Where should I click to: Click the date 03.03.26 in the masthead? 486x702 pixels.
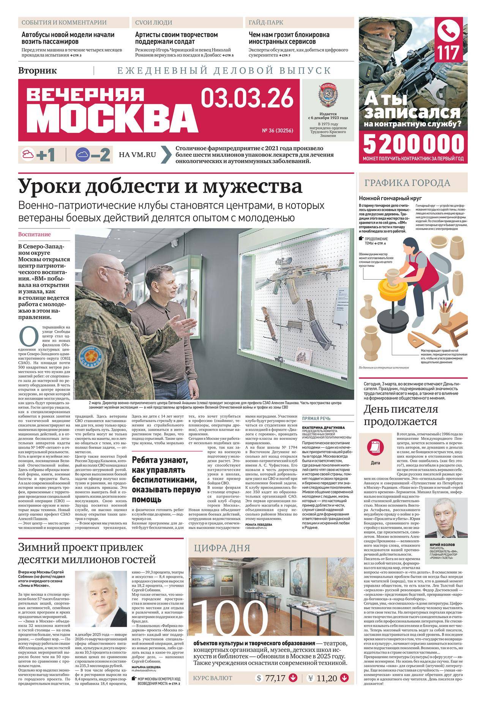pos(248,98)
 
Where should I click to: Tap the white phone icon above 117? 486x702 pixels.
pos(451,31)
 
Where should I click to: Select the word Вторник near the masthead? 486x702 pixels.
pos(38,70)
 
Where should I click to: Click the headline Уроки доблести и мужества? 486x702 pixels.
pos(160,186)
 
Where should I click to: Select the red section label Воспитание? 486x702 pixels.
pos(35,235)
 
